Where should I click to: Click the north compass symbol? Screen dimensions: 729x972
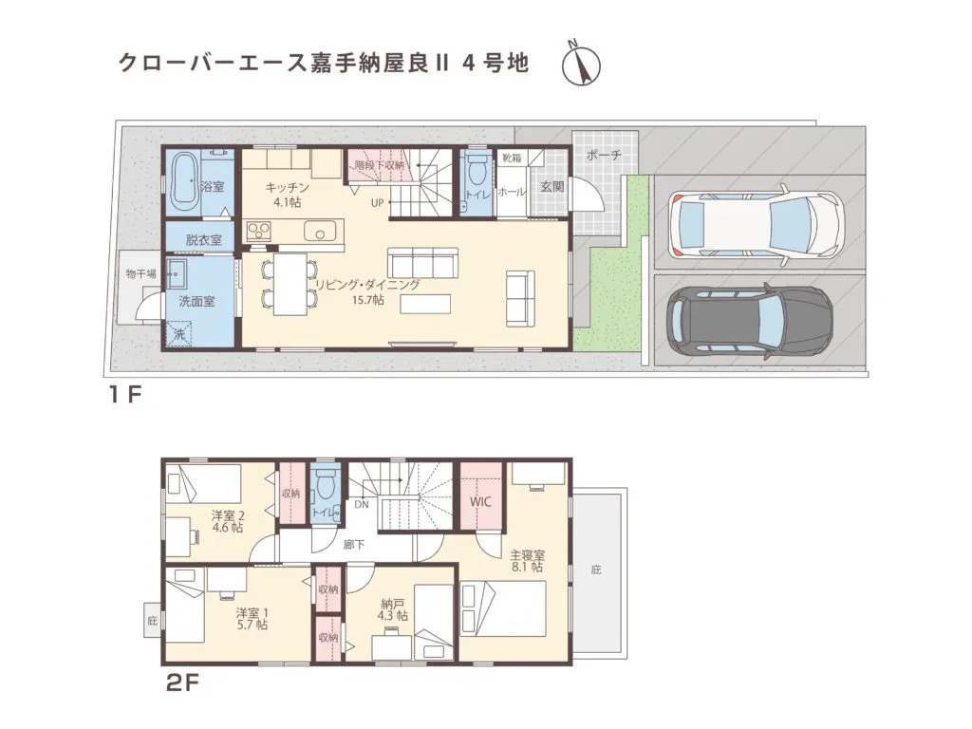(584, 62)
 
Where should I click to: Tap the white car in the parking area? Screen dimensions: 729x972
(755, 225)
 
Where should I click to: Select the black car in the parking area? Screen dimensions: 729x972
(750, 320)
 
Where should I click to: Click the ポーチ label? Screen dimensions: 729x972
(603, 155)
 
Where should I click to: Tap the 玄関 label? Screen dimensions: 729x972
(551, 187)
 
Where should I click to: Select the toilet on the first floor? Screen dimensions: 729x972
(476, 174)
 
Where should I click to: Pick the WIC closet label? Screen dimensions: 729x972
(479, 504)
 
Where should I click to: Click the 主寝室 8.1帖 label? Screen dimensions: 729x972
(525, 560)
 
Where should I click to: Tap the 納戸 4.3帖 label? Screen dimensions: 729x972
(394, 608)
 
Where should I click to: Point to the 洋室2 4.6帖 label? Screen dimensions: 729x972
(227, 521)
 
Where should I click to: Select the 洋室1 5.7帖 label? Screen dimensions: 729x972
(252, 618)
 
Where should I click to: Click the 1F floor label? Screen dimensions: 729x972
(123, 396)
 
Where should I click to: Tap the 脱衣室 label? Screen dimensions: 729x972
(203, 240)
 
